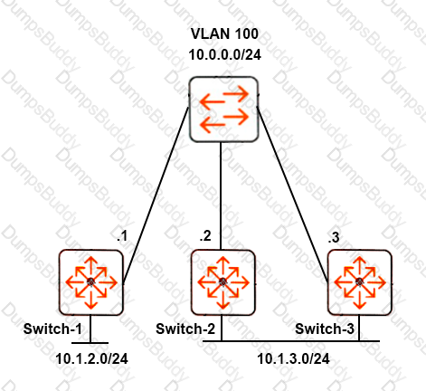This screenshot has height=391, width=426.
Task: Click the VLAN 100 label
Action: [x=224, y=33]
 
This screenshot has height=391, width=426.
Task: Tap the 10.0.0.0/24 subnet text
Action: [x=225, y=55]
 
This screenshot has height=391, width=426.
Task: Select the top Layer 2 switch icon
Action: [x=223, y=110]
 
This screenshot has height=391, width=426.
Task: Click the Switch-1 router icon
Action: [x=91, y=282]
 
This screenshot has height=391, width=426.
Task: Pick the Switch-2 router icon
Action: [x=223, y=282]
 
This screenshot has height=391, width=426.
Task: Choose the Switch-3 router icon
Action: [x=360, y=282]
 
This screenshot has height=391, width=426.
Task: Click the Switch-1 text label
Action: [x=52, y=329]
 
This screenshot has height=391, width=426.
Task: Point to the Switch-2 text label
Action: [x=185, y=329]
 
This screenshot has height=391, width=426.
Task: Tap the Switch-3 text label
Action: [x=325, y=329]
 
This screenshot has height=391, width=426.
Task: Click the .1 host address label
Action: [x=122, y=236]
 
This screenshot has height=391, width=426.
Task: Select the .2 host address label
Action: [x=205, y=236]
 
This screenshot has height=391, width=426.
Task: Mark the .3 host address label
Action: [x=334, y=238]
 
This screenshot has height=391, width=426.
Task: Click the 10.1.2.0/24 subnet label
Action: [x=91, y=359]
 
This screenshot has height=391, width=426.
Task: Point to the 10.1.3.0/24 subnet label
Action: [x=293, y=359]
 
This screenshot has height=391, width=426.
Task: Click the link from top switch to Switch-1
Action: [x=156, y=195]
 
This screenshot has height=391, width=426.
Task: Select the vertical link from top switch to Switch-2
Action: [x=221, y=195]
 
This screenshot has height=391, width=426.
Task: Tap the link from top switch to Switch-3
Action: [x=292, y=195]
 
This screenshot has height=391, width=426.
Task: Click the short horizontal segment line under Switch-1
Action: [x=90, y=343]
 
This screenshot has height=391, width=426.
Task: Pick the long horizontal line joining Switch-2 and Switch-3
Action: [x=291, y=341]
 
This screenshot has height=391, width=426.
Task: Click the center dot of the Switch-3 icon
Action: [x=359, y=282]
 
